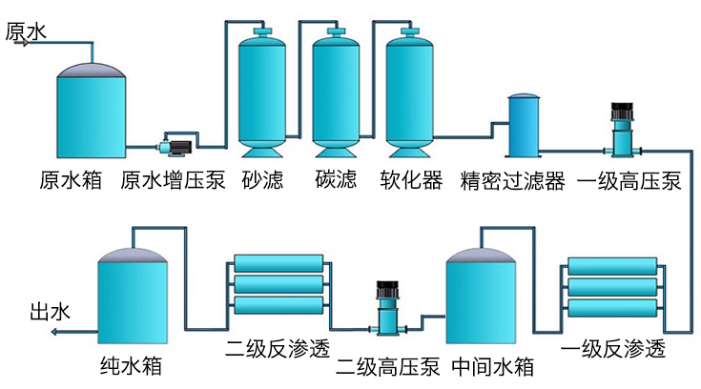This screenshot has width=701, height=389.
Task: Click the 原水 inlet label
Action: pyautogui.click(x=26, y=31)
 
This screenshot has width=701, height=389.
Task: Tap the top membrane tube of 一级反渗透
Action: pyautogui.click(x=611, y=266)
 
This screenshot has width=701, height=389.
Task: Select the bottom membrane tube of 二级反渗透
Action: pyautogui.click(x=278, y=305)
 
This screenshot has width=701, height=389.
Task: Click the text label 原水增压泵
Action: pyautogui.click(x=173, y=180)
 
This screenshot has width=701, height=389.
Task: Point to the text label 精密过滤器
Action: pyautogui.click(x=512, y=180)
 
